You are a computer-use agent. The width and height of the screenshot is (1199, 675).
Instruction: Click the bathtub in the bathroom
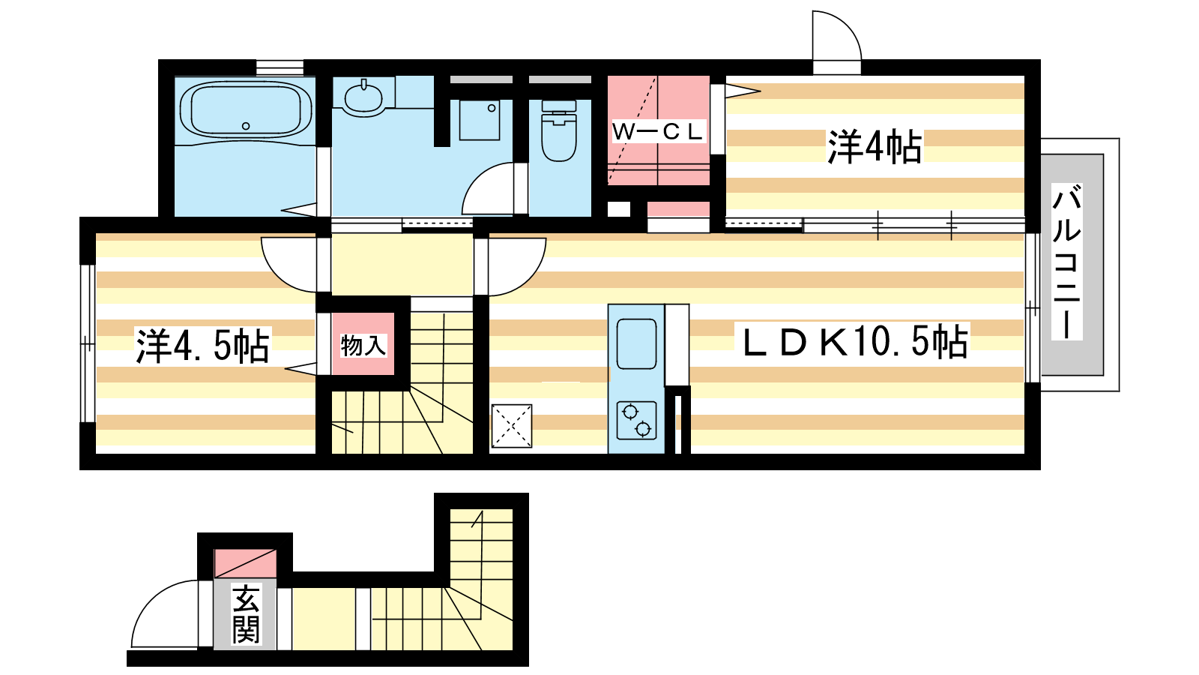pyautogui.click(x=246, y=110)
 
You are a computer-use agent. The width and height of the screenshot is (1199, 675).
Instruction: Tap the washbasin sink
pyautogui.click(x=363, y=97)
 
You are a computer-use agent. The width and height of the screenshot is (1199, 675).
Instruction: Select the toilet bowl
pyautogui.click(x=559, y=130)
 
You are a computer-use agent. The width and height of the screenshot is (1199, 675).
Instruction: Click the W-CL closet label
pyautogui.click(x=657, y=131)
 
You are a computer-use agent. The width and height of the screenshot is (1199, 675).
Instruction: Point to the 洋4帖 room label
pyautogui.click(x=875, y=146)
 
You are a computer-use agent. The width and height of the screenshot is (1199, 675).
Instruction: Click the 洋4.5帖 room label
pyautogui.click(x=202, y=346)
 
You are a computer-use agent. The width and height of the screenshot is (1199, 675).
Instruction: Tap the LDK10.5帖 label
pyautogui.click(x=855, y=341)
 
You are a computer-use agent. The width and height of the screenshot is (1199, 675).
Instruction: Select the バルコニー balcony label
pyautogui.click(x=1066, y=262)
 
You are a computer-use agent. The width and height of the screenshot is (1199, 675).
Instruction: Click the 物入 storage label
pyautogui.click(x=363, y=346)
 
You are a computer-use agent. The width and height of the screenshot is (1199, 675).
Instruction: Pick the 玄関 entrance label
pyautogui.click(x=246, y=614)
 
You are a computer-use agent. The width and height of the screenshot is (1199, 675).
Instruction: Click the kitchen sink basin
pyautogui.click(x=636, y=343)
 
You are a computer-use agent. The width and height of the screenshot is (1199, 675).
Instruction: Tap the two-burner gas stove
pyautogui.click(x=636, y=421)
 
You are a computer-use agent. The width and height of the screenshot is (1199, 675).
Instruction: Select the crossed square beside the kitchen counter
pyautogui.click(x=512, y=426)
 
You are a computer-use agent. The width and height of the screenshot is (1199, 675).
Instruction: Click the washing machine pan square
pyautogui.click(x=479, y=121)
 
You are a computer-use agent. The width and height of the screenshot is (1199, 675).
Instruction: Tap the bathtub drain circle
pyautogui.click(x=246, y=126)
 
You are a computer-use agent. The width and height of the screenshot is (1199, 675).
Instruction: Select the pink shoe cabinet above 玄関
pyautogui.click(x=245, y=563)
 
